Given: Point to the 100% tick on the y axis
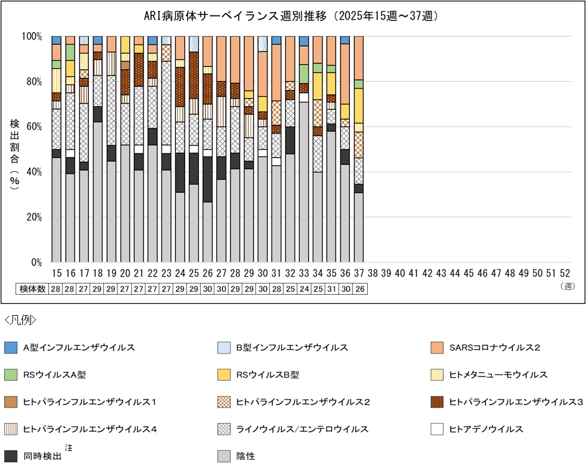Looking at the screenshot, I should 32,37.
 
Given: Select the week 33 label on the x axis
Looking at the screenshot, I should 303,273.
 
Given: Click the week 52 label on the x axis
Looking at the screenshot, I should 565,273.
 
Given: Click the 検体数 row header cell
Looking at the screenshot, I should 32,289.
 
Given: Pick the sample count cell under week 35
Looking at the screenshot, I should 331,289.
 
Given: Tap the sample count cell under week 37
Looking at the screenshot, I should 359,289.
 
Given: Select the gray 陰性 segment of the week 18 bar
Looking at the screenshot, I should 98,192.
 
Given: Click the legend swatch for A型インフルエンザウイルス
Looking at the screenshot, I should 11,347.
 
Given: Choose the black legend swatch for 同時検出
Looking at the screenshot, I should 11,456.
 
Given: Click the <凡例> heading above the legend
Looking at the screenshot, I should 20,320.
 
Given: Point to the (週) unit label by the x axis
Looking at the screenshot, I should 566,286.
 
